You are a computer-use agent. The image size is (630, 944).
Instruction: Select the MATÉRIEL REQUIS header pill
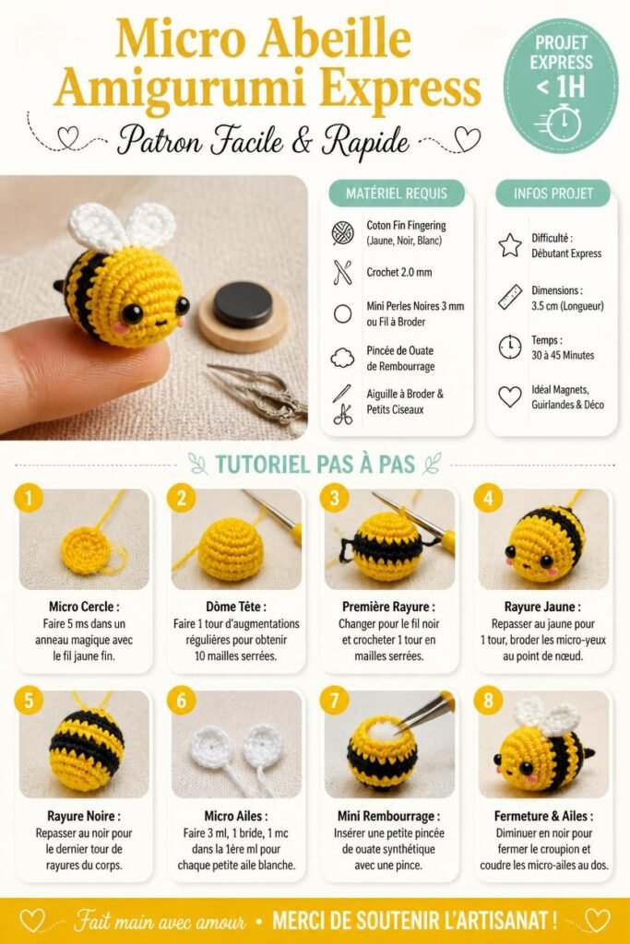point(397,194)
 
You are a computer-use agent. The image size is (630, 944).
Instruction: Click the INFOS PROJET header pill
point(553,194)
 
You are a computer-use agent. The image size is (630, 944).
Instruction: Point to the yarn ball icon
point(343,233)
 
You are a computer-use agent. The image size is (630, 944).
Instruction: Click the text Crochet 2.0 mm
point(399,272)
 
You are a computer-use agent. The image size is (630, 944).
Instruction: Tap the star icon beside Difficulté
point(510,245)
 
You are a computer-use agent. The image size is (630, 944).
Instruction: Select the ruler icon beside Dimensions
point(510,297)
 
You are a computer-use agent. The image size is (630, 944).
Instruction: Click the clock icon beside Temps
point(510,348)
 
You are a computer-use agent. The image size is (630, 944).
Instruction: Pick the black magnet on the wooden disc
point(243,304)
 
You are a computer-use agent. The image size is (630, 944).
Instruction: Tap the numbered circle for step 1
point(27,498)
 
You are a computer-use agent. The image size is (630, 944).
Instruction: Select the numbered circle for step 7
point(334,701)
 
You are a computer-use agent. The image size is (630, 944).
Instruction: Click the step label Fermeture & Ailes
point(543,817)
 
